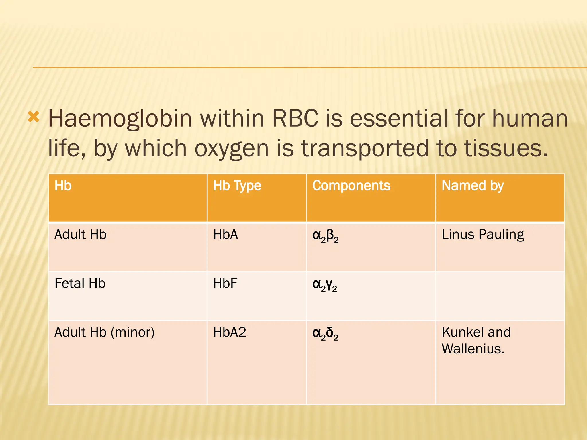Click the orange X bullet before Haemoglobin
coord(33,117)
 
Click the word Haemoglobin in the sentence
coord(120,119)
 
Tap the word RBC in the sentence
coord(295,119)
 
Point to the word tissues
coord(506,148)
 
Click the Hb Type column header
coord(237,186)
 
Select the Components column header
coord(351,186)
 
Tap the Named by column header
coord(473,186)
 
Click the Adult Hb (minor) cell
coord(104,333)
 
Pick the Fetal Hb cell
coord(80,284)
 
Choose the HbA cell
coord(225,235)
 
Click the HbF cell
coord(225,284)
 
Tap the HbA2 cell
coord(229,333)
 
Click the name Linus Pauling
coord(483,235)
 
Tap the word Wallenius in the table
coord(473,349)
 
